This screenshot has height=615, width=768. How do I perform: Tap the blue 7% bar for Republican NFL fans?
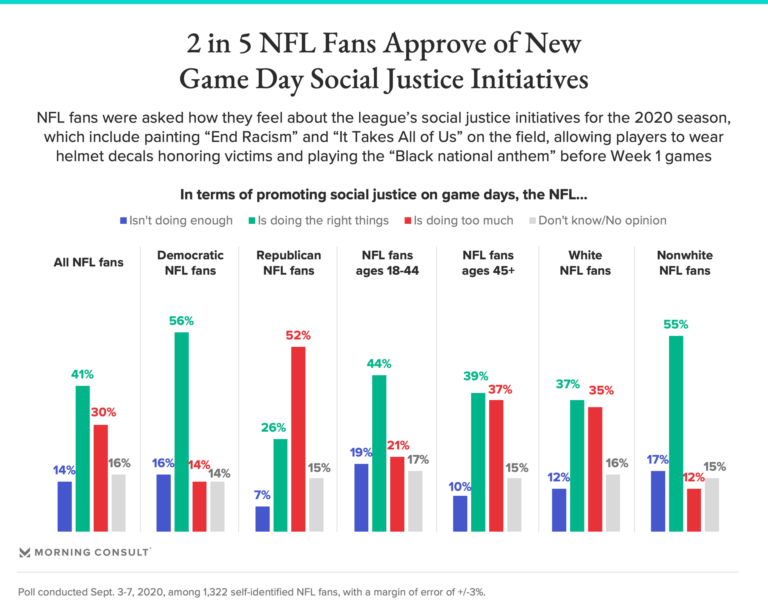click(262, 519)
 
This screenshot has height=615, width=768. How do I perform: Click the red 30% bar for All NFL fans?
click(101, 478)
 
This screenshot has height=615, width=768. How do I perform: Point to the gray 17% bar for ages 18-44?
click(415, 501)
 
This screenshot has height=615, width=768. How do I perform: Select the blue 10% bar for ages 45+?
click(460, 514)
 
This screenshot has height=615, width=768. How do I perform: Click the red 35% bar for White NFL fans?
click(595, 469)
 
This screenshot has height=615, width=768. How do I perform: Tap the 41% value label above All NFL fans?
click(82, 375)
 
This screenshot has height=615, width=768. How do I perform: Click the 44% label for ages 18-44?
click(379, 364)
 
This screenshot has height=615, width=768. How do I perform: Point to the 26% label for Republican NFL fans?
click(274, 428)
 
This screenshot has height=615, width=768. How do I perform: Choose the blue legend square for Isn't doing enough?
click(124, 221)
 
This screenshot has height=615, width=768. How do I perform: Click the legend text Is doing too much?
click(463, 221)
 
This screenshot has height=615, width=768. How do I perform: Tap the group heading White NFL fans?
click(585, 263)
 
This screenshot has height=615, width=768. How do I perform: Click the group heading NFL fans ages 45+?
click(488, 263)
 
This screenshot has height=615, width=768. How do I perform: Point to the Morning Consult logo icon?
click(25, 553)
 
